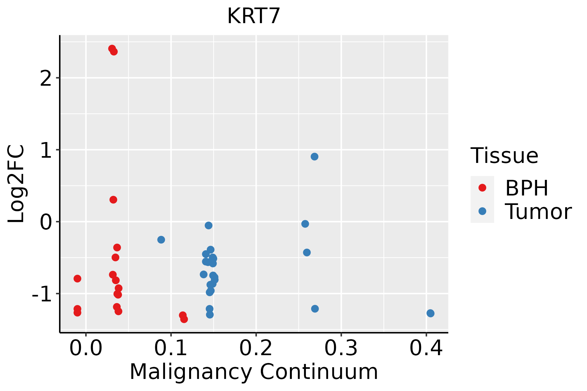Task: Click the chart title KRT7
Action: point(254,16)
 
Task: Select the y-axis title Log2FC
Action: point(16,184)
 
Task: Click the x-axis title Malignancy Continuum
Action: point(254,372)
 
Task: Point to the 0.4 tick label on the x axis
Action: point(426,348)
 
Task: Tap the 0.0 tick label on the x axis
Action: point(86,348)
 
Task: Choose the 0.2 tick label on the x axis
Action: point(256,348)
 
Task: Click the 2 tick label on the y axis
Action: point(45,78)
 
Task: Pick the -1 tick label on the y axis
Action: point(41,294)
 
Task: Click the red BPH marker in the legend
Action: point(482,188)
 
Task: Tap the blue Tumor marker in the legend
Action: point(482,211)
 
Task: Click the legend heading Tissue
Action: point(504,156)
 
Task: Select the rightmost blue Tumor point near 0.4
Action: point(430,313)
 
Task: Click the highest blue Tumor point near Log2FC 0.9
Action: point(314,157)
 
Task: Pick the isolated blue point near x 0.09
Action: point(161,239)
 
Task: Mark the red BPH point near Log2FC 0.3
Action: point(113,200)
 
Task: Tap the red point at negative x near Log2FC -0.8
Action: point(77,279)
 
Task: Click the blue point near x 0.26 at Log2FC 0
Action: point(305,224)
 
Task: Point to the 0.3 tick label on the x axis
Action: point(341,348)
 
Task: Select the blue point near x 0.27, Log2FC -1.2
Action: point(315,309)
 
